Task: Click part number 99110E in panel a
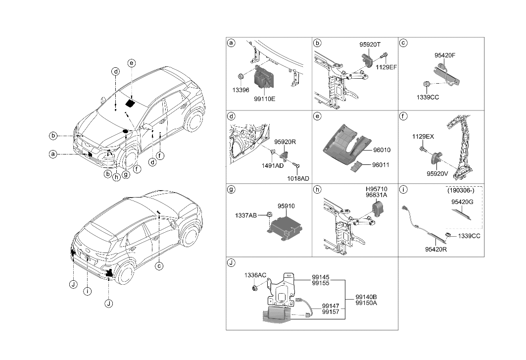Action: pos(264,99)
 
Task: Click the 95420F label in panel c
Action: pos(445,55)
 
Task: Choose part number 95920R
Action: pos(285,141)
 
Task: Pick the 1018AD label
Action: pos(298,178)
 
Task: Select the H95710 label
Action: pos(377,189)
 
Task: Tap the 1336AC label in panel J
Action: pos(254,275)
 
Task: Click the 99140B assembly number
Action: pos(366,297)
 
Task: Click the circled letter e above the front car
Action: pos(131,63)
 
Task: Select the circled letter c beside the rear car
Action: pos(159,266)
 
